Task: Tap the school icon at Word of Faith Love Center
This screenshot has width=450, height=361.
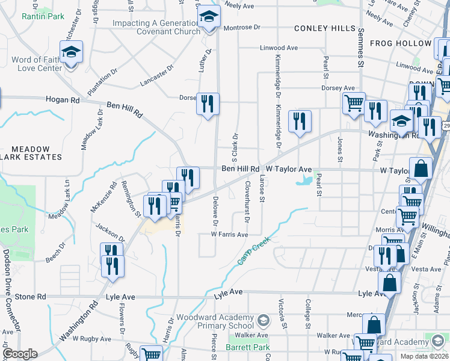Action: (x=71, y=53)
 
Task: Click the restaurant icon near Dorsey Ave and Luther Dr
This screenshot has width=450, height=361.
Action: (x=208, y=103)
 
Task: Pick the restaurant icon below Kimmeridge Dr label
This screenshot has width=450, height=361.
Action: (x=299, y=121)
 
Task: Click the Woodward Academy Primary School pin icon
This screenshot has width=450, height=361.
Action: (x=262, y=319)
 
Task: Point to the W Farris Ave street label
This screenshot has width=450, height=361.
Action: (x=229, y=235)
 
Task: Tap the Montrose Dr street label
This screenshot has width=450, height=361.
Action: (x=242, y=28)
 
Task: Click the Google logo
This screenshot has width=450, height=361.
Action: (x=20, y=354)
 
